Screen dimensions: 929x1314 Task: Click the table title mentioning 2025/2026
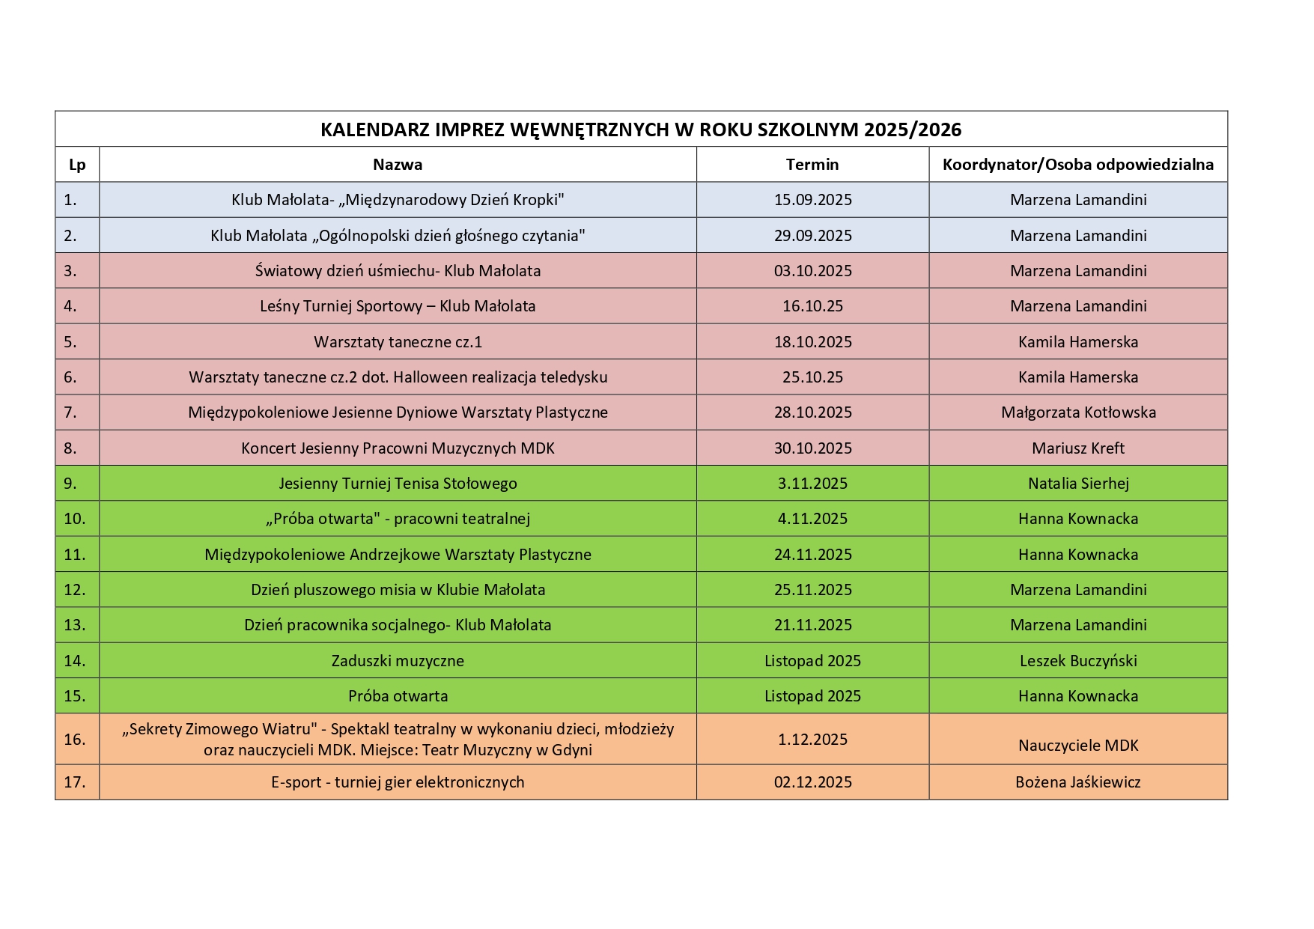click(x=641, y=130)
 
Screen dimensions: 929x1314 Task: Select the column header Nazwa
click(x=398, y=165)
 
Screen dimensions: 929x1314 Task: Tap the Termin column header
click(x=812, y=165)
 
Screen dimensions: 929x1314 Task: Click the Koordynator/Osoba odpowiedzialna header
click(x=1078, y=165)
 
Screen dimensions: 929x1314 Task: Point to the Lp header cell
click(x=77, y=165)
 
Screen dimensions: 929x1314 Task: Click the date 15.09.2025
click(x=812, y=200)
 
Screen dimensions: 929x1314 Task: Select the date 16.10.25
click(x=812, y=306)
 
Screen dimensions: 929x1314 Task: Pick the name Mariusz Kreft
click(x=1078, y=448)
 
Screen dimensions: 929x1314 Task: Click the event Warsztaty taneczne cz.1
click(x=398, y=342)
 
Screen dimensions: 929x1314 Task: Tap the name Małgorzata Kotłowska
click(x=1078, y=412)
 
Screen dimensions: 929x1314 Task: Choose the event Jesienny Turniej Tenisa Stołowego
click(x=398, y=484)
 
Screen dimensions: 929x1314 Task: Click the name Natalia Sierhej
click(x=1078, y=484)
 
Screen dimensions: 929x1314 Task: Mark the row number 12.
click(x=75, y=590)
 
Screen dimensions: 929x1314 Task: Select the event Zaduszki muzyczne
click(x=398, y=661)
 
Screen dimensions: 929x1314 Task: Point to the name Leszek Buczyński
click(x=1078, y=661)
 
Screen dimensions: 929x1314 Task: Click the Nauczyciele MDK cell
click(x=1078, y=746)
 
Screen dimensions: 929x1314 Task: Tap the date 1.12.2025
click(x=812, y=740)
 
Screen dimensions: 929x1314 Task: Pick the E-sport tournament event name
click(x=398, y=782)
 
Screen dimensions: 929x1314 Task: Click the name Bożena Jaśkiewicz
click(x=1078, y=782)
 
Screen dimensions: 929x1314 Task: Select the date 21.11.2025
click(x=812, y=625)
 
